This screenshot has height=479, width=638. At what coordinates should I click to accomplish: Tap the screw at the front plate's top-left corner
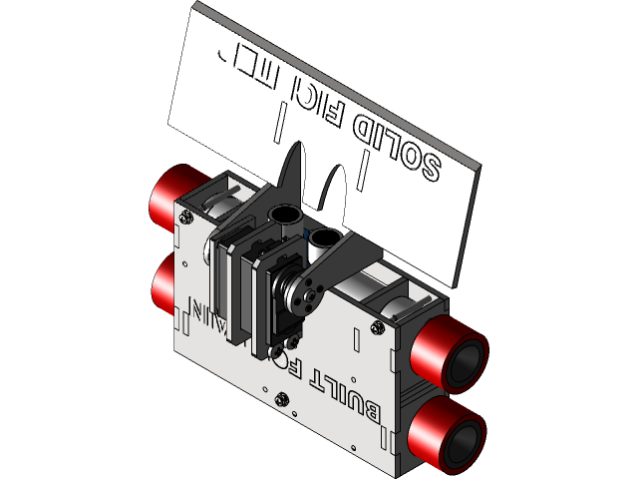pos(185,215)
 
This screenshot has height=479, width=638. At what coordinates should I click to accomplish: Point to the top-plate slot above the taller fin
pos(282,122)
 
